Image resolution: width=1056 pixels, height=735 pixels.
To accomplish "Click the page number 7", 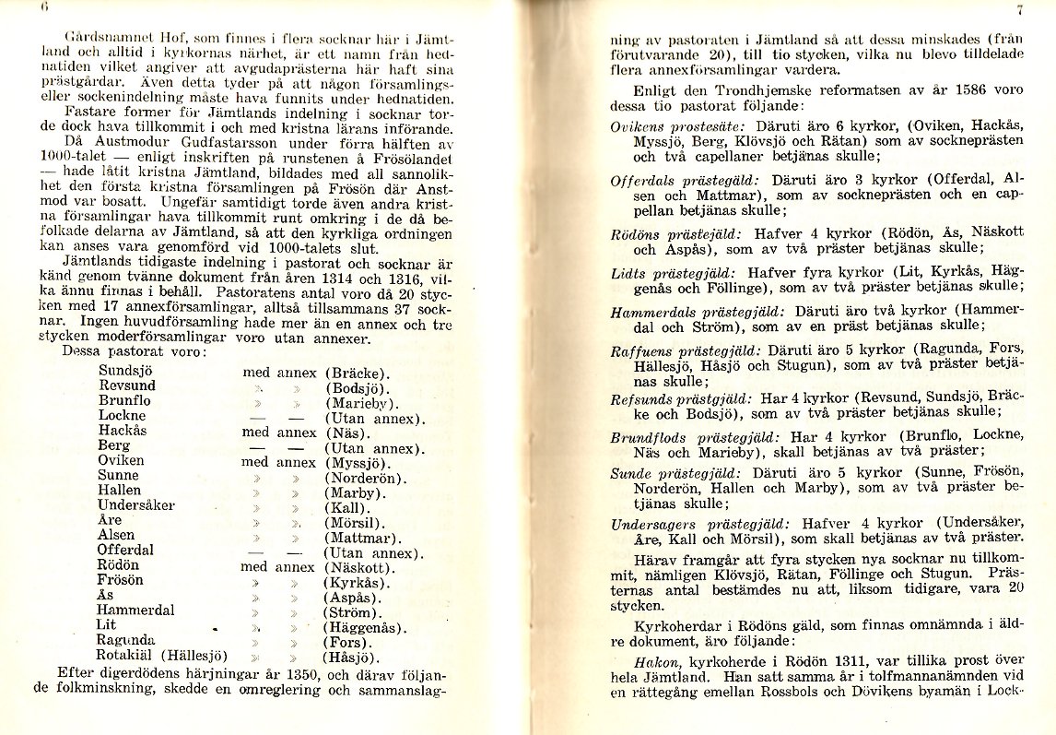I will click(1020, 11).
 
